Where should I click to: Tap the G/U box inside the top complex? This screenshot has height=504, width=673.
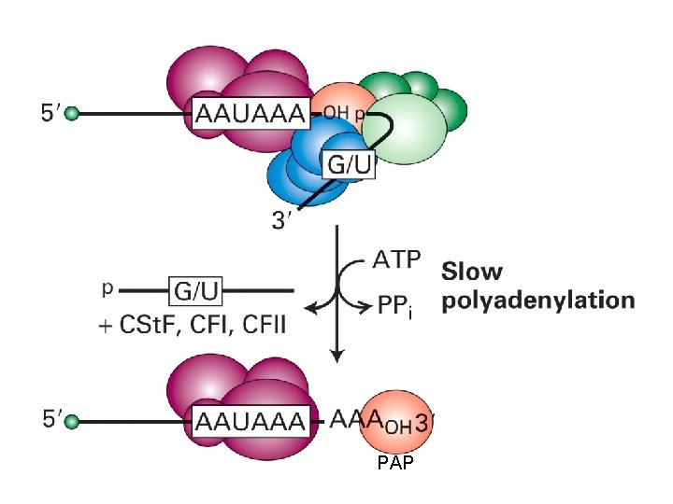349,166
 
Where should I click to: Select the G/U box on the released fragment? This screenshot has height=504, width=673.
195,293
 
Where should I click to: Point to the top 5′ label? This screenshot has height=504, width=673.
50,114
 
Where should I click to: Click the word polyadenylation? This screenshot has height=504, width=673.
537,301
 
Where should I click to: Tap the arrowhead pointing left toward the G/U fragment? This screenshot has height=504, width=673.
311,303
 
